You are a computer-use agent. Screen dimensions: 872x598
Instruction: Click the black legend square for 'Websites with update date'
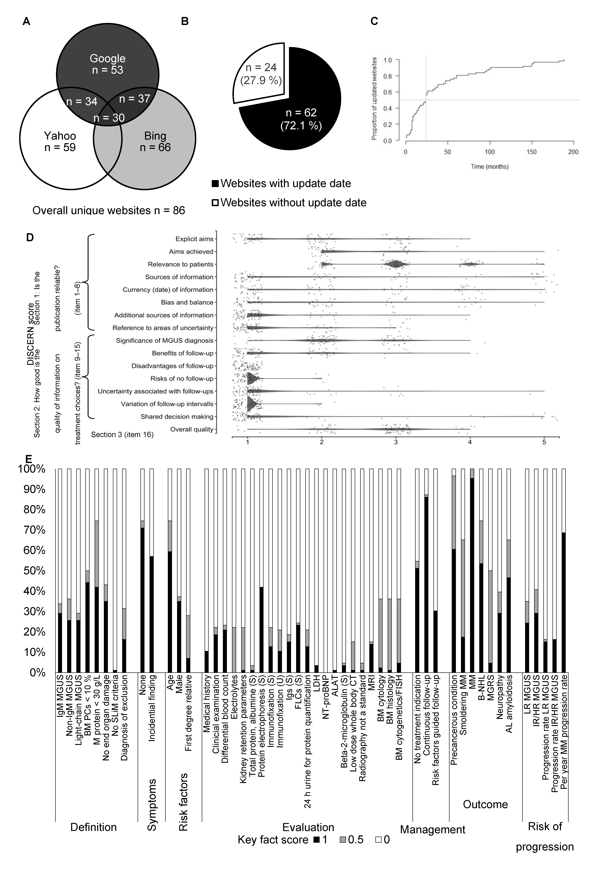215,184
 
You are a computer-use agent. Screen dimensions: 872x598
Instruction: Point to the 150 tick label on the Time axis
532,152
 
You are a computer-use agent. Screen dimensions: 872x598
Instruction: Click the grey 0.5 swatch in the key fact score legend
343,840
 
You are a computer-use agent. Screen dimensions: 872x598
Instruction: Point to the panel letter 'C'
374,21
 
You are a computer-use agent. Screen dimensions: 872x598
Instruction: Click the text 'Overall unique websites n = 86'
109,210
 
